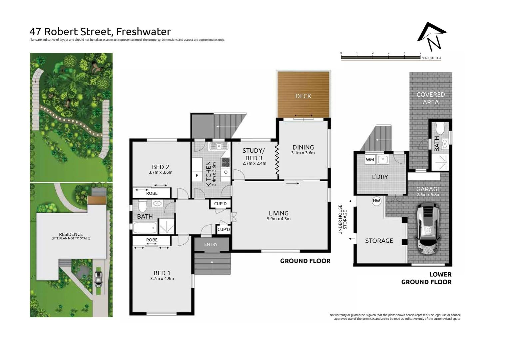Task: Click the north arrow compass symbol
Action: pos(432,36)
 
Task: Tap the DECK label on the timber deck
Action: pos(303,96)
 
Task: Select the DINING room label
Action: pos(303,147)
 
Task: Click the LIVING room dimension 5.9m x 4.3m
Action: pos(278,219)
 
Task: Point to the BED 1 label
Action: pos(162,273)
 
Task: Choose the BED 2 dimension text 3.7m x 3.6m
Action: pos(161,172)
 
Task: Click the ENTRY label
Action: pos(211,244)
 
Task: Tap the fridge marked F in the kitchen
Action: pos(197,175)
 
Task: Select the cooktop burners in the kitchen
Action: pos(226,162)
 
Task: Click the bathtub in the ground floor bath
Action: pos(145,228)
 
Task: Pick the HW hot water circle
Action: pos(376,201)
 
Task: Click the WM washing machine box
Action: pos(370,159)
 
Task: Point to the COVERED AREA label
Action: pos(430,98)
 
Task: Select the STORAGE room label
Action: pos(379,241)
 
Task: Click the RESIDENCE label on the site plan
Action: pos(71,234)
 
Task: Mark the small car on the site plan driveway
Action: pos(98,279)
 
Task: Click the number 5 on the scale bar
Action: pos(420,53)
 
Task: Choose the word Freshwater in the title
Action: pos(144,32)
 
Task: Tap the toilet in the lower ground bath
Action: pos(440,128)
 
